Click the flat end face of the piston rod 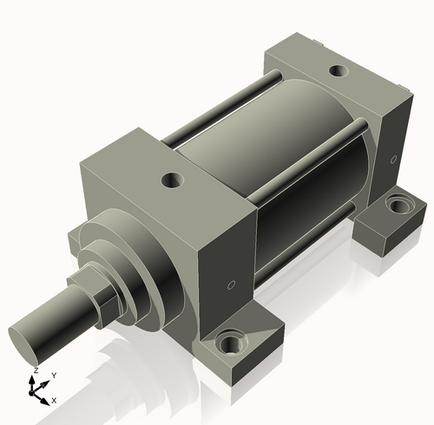coord(23,345)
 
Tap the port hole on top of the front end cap coord(173,180)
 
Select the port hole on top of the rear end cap coord(339,70)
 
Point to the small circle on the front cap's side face coord(231,284)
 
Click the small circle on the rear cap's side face coord(393,160)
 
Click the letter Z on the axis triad coord(36,370)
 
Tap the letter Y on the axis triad coord(54,376)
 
